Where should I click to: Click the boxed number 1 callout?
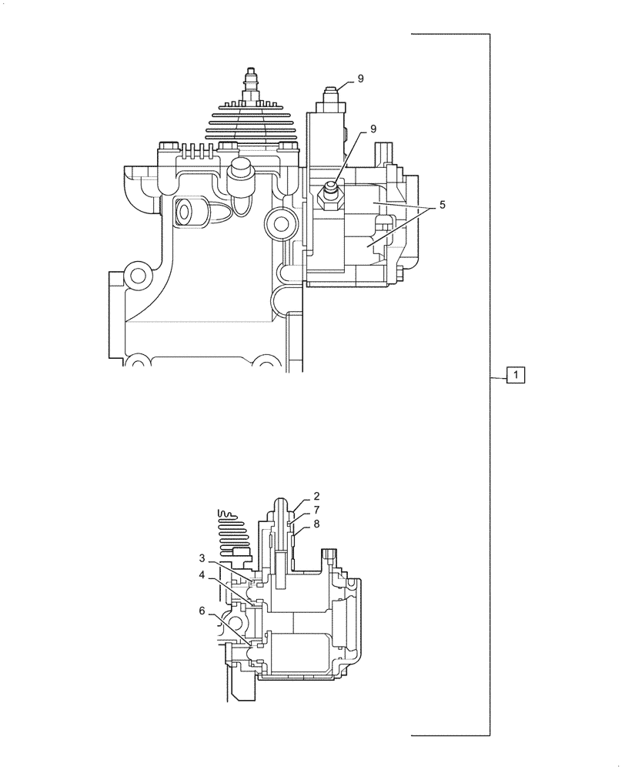(x=515, y=376)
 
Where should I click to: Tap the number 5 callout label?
(x=443, y=206)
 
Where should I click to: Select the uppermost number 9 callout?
(x=361, y=79)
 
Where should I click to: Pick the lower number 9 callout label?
(x=373, y=129)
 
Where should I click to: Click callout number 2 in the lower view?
(x=316, y=497)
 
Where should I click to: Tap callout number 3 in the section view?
(x=202, y=558)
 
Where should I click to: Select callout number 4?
(x=202, y=574)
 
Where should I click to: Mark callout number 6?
(x=202, y=611)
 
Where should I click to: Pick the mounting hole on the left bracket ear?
(x=138, y=275)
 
